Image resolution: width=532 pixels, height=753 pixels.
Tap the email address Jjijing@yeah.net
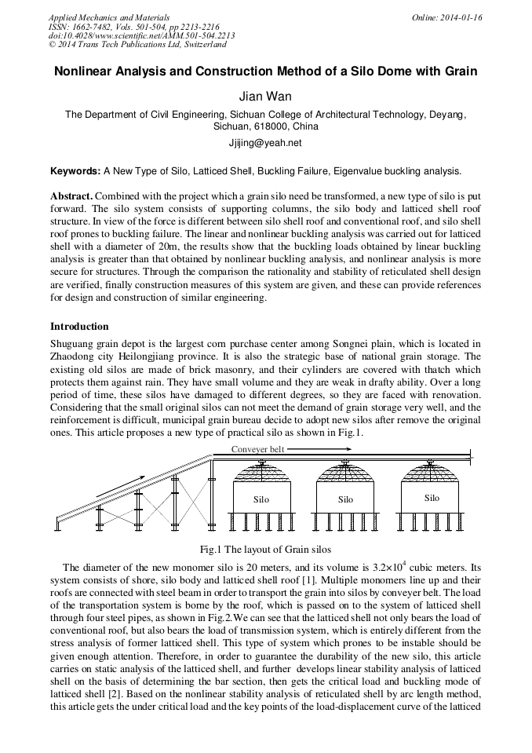[265, 143]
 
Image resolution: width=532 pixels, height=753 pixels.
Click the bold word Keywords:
[75, 170]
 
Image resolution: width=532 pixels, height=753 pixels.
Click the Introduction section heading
[79, 326]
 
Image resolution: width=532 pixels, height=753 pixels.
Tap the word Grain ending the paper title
[459, 71]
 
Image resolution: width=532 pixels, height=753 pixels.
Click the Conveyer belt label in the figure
[258, 449]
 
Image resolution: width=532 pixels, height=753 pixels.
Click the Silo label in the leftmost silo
[261, 499]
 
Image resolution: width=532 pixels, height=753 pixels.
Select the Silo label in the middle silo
[345, 499]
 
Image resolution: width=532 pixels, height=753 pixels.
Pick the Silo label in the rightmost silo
[432, 498]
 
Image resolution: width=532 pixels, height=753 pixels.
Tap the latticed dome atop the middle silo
[346, 473]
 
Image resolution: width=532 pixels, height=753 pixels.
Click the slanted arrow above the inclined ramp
[120, 486]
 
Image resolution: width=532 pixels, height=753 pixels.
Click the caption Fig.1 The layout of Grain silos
[266, 548]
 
